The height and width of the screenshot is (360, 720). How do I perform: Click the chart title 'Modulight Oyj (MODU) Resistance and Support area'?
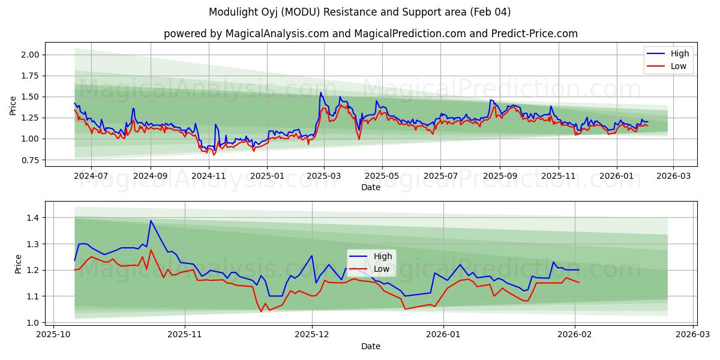point(360,12)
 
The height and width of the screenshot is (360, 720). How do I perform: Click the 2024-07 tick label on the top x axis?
point(91,176)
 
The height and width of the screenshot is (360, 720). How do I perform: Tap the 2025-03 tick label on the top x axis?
point(324,176)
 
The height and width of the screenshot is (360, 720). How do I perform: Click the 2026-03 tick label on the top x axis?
point(673,176)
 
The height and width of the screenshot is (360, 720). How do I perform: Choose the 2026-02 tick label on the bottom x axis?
point(575,335)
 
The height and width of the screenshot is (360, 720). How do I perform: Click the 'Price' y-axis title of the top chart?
point(13,105)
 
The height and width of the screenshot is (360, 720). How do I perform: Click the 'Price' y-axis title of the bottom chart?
point(18,264)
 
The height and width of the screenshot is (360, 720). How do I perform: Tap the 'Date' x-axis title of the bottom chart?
point(370,346)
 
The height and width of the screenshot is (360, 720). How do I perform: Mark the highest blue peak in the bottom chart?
point(151,221)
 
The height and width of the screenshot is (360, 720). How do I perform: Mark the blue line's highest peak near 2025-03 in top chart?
point(321,92)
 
